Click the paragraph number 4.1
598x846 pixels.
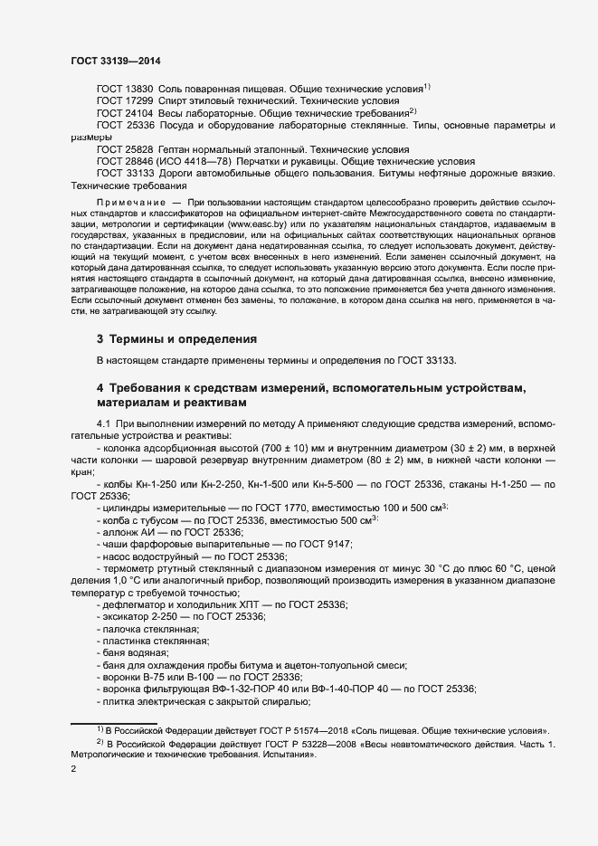(103, 423)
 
